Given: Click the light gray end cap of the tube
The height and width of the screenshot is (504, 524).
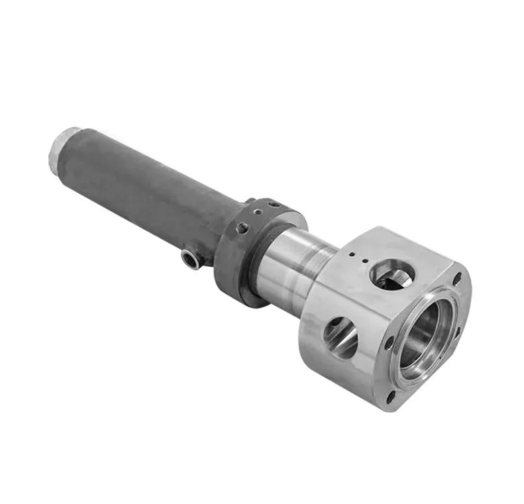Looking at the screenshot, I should [x=59, y=149].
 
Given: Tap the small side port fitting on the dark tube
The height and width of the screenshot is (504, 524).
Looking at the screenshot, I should [x=192, y=259].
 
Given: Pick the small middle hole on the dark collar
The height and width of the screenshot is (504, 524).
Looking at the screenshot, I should [x=258, y=212].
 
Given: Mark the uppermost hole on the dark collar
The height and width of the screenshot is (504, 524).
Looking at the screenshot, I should [x=272, y=203].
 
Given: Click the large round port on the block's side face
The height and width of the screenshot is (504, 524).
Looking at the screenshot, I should [x=341, y=336].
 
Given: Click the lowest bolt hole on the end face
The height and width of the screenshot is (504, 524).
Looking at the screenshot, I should [x=392, y=397].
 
